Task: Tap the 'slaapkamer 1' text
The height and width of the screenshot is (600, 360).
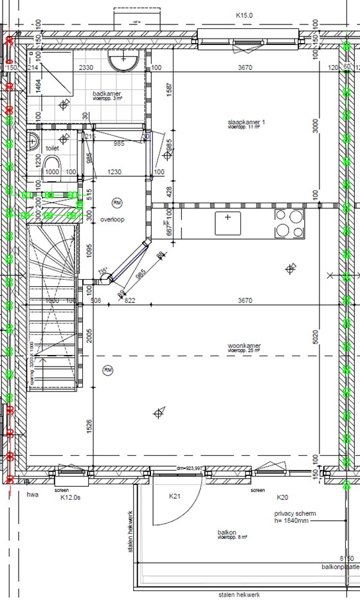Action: tap(246, 122)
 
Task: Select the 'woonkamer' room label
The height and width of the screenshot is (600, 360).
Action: tap(244, 346)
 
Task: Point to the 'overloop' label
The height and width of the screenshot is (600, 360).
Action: tap(112, 219)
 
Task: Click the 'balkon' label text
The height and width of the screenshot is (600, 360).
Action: tap(227, 533)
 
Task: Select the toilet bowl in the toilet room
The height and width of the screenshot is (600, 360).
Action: tap(53, 171)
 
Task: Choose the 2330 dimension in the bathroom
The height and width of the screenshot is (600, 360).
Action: tap(87, 68)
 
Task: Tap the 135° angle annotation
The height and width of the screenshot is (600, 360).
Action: tap(101, 271)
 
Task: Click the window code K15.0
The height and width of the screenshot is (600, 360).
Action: tap(246, 15)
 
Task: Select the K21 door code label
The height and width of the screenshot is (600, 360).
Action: tap(174, 496)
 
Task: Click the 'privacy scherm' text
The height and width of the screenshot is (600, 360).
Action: tap(294, 514)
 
